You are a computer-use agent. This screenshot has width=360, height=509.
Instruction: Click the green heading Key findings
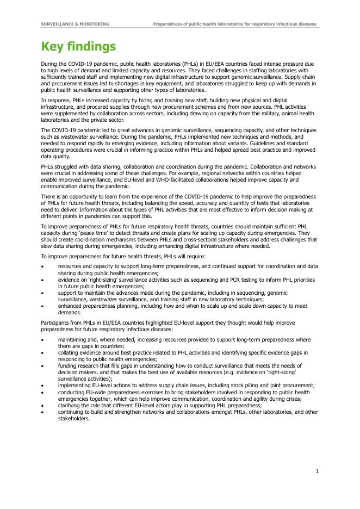coord(78,47)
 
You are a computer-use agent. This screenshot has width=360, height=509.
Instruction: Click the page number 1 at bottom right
coord(317,471)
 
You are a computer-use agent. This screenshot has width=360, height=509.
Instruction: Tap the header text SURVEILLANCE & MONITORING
coord(75,24)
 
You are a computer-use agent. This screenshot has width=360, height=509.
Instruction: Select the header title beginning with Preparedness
coord(234,24)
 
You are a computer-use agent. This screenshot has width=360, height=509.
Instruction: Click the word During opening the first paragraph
coord(49,64)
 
